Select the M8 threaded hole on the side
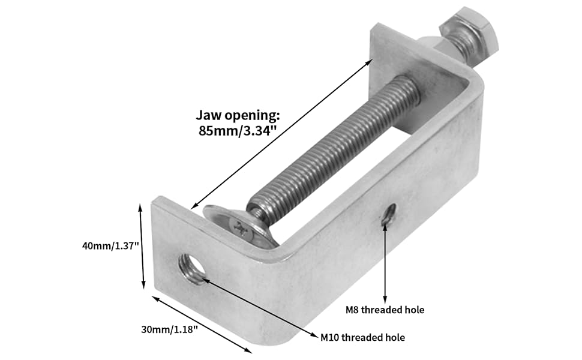(x=389, y=215)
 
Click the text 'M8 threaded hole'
(x=385, y=310)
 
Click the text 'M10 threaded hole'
(x=362, y=338)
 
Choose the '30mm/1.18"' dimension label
(x=169, y=329)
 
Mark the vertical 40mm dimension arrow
(x=142, y=246)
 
